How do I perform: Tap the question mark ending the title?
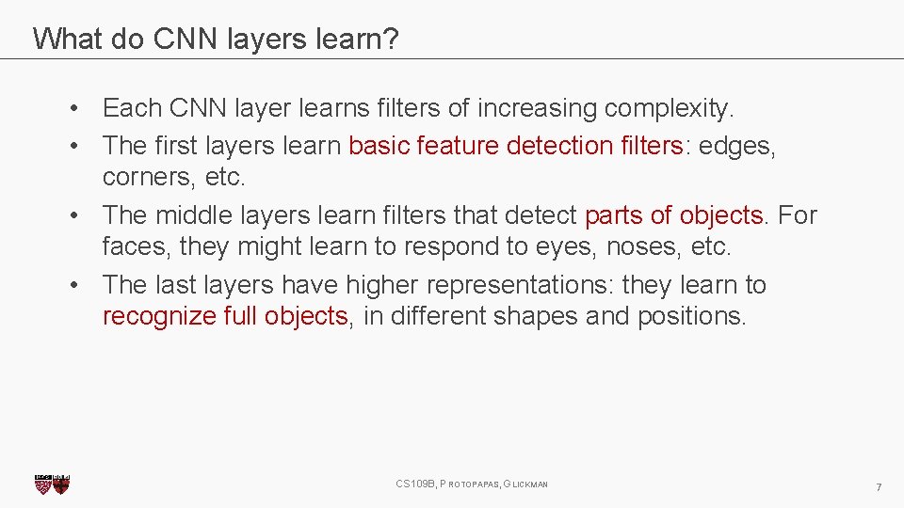point(392,39)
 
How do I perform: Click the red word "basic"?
point(379,146)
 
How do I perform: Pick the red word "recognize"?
point(159,317)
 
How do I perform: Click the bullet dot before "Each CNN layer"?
point(73,109)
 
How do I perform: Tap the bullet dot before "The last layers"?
point(73,285)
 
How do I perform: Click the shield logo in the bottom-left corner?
point(52,484)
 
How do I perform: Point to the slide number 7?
point(879,486)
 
